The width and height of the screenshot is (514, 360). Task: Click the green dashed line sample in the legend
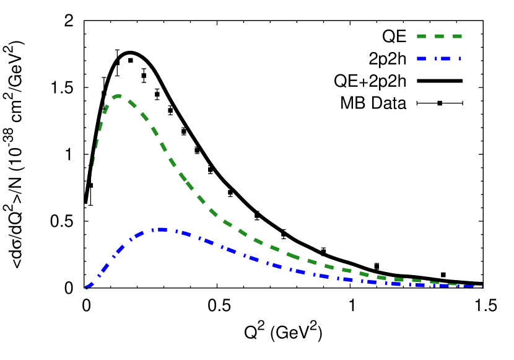click(439, 37)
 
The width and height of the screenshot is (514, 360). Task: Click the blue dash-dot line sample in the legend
click(439, 59)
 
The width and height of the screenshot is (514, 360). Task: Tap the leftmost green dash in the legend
click(422, 37)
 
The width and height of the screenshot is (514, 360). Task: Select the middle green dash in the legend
click(439, 37)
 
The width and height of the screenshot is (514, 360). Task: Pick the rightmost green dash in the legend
click(457, 37)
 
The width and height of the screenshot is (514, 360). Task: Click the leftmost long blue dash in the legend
click(422, 59)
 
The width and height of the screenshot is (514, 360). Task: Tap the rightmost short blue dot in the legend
click(460, 59)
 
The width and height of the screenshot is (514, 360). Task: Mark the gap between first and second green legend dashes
click(430, 37)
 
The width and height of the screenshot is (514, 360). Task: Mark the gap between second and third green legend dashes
click(448, 37)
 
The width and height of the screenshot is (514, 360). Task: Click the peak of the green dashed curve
click(118, 95)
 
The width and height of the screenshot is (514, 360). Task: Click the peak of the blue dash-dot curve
click(162, 229)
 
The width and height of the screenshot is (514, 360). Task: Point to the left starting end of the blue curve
click(87, 288)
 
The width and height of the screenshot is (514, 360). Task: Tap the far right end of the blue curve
click(481, 286)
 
